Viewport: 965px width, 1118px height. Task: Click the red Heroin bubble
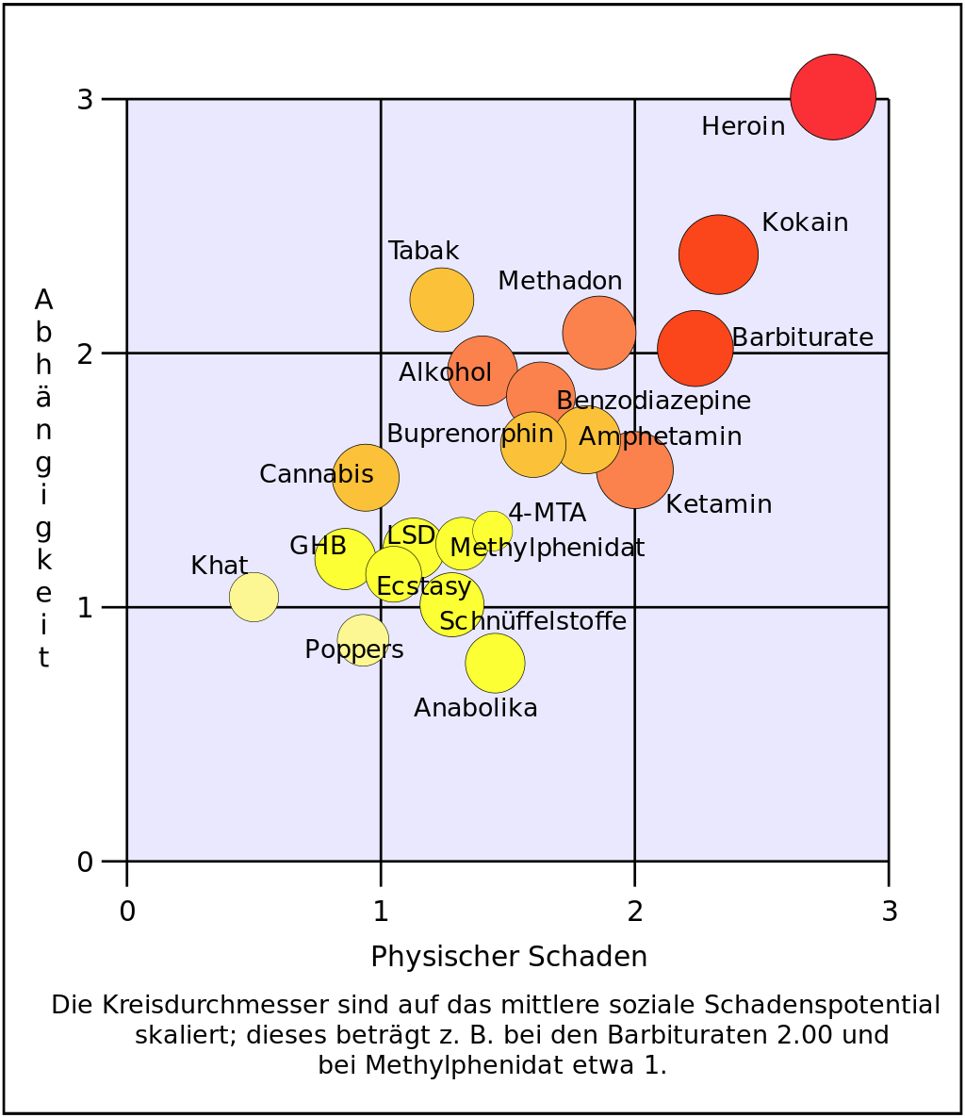[x=833, y=96]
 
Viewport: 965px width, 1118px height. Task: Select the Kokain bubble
[x=718, y=254]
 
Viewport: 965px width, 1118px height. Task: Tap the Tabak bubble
[x=441, y=300]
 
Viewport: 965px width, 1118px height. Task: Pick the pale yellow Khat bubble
[x=254, y=597]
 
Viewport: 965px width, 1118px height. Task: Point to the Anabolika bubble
[x=495, y=663]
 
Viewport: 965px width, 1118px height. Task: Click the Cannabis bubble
[x=366, y=477]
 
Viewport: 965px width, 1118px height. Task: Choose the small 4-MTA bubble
[x=492, y=530]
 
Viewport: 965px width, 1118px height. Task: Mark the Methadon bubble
[x=599, y=332]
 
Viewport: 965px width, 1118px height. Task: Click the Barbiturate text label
[x=802, y=337]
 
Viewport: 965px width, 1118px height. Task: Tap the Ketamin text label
[x=718, y=504]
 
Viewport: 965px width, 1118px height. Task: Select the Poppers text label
[x=354, y=649]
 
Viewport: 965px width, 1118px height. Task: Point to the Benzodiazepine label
[x=653, y=401]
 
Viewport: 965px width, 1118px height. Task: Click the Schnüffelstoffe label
[x=532, y=621]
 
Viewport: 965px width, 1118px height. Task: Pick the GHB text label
[x=318, y=546]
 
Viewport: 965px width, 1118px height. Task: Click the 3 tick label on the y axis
[x=85, y=99]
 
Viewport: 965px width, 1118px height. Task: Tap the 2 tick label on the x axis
[x=635, y=912]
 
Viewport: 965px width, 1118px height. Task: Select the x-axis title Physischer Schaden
[x=509, y=957]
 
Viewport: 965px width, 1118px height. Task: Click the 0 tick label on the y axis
[x=85, y=862]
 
